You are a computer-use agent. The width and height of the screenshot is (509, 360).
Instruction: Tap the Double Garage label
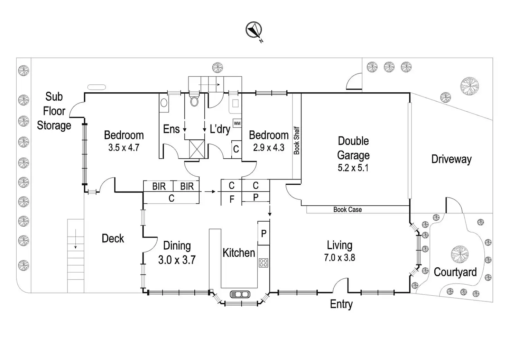click(x=353, y=148)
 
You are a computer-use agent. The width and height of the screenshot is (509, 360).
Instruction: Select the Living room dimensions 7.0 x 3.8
click(x=340, y=258)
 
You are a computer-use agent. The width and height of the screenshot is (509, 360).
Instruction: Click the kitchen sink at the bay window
click(x=240, y=294)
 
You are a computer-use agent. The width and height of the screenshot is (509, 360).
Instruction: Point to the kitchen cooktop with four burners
click(x=263, y=262)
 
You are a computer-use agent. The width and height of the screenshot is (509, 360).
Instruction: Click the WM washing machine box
click(x=237, y=123)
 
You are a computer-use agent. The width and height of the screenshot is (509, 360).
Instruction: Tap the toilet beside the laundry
click(x=194, y=101)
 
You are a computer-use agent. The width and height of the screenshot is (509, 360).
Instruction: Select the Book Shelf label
click(x=297, y=140)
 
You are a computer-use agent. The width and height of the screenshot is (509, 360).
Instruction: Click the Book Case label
click(x=348, y=210)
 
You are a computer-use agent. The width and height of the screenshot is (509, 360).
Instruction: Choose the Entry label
click(x=341, y=304)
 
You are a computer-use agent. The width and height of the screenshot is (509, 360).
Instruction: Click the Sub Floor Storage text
click(x=54, y=111)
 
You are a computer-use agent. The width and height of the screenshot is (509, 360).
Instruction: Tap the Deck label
click(x=113, y=239)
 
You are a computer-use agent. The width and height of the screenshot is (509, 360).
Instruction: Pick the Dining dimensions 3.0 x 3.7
click(x=177, y=260)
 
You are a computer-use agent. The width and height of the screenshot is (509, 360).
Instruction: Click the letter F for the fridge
click(x=232, y=199)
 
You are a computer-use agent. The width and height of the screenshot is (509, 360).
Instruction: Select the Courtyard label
click(x=455, y=272)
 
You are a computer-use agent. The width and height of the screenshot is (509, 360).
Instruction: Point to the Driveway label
click(x=451, y=159)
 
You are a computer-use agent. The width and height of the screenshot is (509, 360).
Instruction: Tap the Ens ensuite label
click(x=171, y=129)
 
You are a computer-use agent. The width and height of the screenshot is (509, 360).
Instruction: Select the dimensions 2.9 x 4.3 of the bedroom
click(x=269, y=148)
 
